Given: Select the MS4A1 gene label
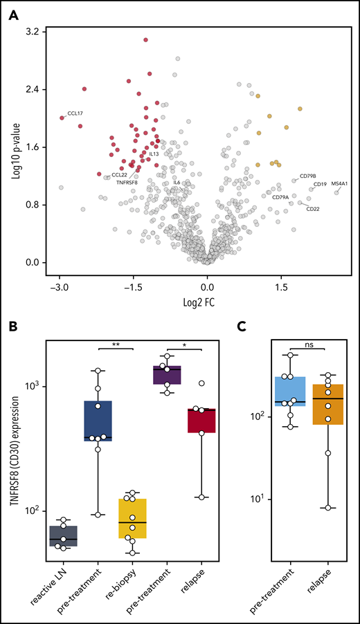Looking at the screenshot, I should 340,184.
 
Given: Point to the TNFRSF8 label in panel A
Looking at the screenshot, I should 126,183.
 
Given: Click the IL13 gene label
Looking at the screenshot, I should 154,154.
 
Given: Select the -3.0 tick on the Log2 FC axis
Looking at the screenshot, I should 60,285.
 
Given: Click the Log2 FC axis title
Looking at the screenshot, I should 206,302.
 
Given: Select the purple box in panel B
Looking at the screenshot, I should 167,374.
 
